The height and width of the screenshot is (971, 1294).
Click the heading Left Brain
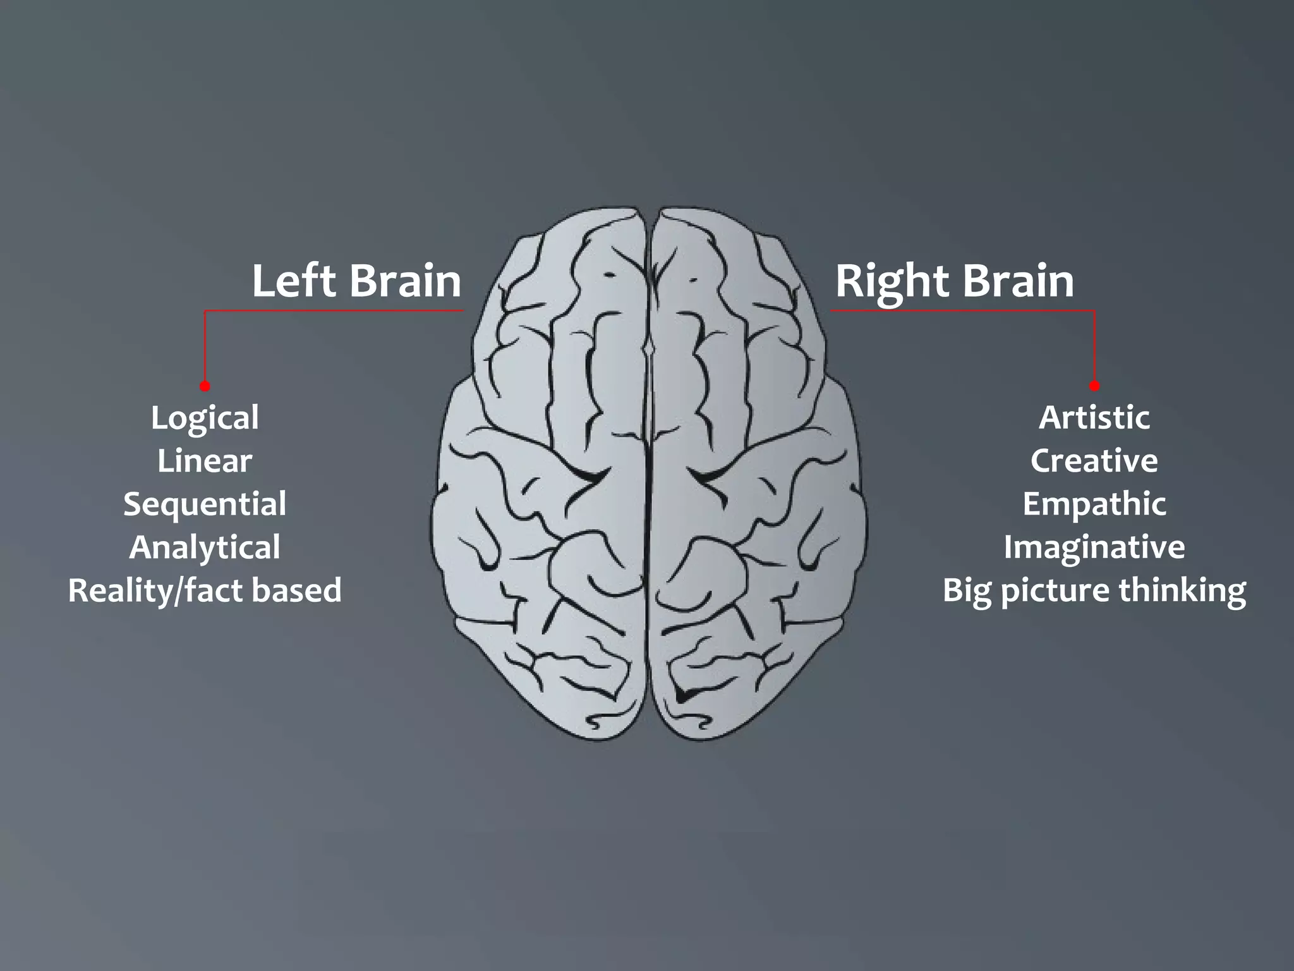click(x=356, y=281)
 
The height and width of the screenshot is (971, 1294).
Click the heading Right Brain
click(x=954, y=281)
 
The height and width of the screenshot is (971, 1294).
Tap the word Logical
click(x=205, y=418)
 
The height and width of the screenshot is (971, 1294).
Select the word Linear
click(x=205, y=461)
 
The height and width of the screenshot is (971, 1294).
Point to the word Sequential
click(x=205, y=504)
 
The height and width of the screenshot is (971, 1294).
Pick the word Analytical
click(x=205, y=547)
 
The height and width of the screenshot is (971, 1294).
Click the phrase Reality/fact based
click(x=205, y=590)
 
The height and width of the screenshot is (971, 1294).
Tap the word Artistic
click(x=1094, y=417)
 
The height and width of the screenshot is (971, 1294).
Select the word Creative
click(x=1094, y=461)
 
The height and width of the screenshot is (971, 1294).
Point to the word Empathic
click(x=1094, y=504)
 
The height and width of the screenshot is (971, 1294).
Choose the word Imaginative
click(x=1094, y=547)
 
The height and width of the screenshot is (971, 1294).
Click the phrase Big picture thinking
click(x=1094, y=590)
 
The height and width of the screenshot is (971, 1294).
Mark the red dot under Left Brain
click(x=205, y=386)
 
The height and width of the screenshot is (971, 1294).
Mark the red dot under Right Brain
click(x=1095, y=386)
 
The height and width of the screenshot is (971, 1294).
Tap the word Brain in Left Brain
click(x=405, y=281)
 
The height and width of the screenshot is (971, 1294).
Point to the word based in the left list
click(x=296, y=590)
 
